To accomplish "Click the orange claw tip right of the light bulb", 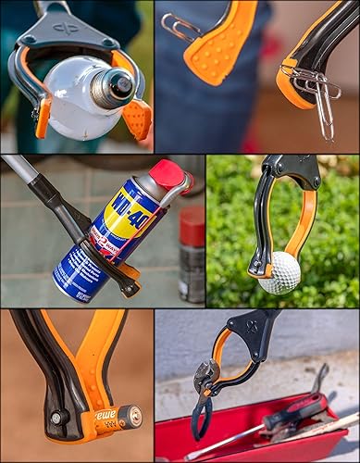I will click(x=138, y=118).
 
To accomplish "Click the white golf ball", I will click(x=279, y=272).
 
